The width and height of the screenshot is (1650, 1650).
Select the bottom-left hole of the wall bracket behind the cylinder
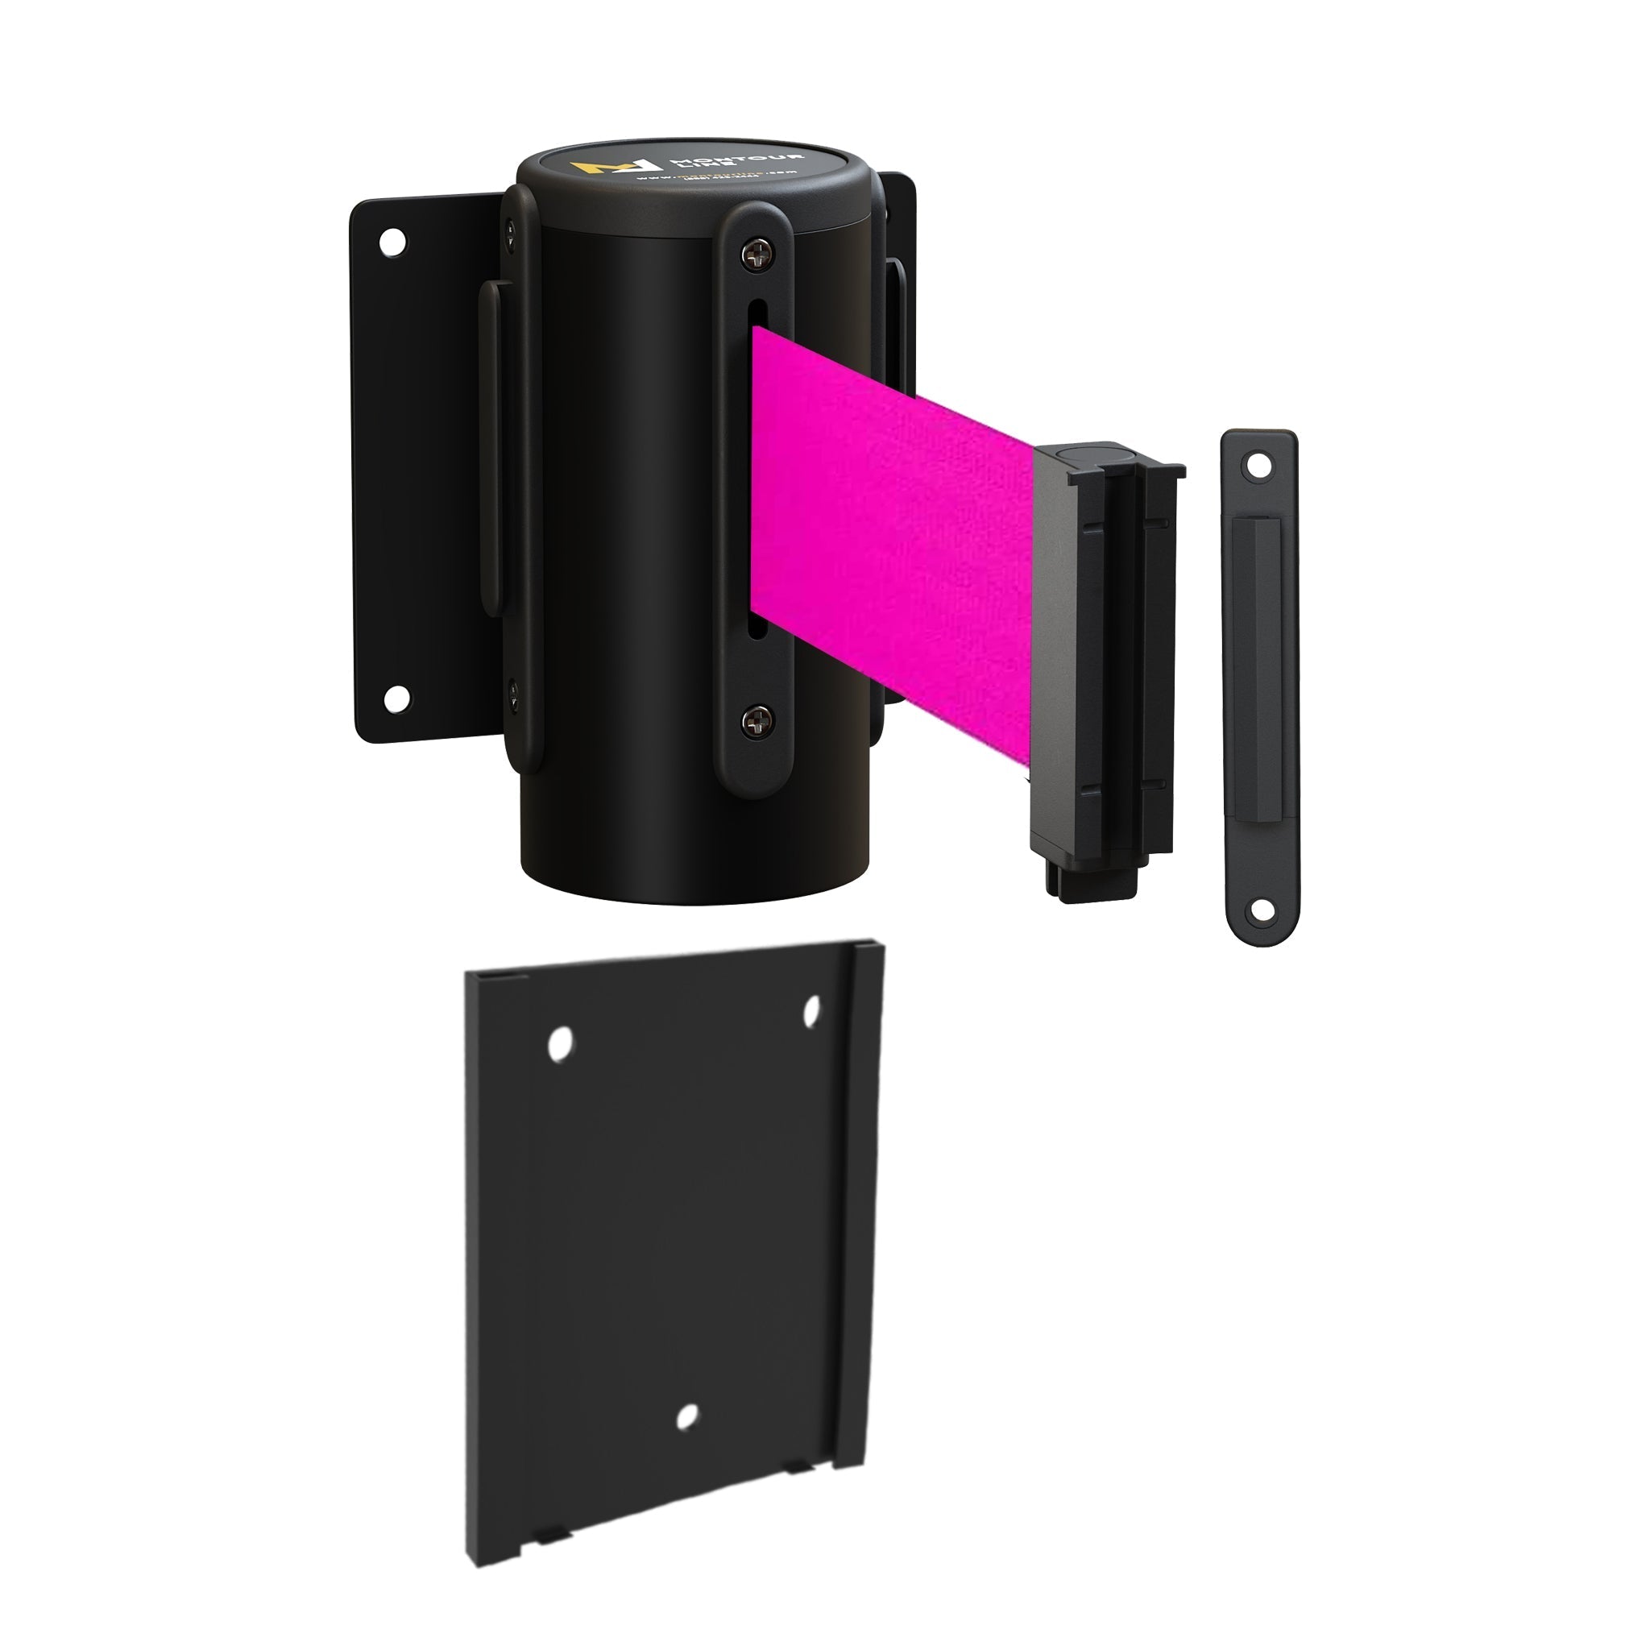[394, 699]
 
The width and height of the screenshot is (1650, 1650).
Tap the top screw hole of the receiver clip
[1257, 467]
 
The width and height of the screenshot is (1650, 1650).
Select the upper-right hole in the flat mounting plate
[811, 1010]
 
